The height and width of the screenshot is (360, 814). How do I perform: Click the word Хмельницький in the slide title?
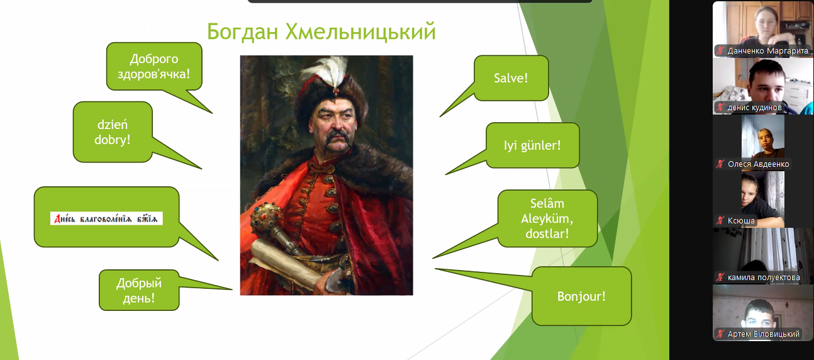(360, 31)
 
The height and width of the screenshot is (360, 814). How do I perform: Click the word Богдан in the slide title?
(243, 31)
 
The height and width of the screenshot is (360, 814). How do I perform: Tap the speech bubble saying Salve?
(511, 78)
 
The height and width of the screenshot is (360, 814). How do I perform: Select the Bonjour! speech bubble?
(581, 296)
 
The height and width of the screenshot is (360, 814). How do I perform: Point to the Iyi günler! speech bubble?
(532, 145)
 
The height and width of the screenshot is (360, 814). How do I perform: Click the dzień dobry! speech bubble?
(113, 132)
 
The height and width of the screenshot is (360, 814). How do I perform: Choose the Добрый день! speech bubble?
(139, 290)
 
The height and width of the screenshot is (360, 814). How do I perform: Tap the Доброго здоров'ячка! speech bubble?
(154, 66)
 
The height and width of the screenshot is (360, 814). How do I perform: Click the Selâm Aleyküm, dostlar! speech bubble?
(547, 218)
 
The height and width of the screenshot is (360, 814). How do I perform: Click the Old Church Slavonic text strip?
(106, 218)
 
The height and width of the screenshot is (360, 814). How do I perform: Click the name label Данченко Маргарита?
(767, 51)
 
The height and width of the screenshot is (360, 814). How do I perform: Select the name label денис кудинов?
(754, 108)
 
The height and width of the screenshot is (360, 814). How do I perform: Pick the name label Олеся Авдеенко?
(759, 164)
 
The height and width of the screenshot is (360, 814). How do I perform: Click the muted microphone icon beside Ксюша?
(720, 220)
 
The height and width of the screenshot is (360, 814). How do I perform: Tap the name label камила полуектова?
(764, 278)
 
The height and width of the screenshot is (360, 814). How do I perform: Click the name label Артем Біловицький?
(764, 334)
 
